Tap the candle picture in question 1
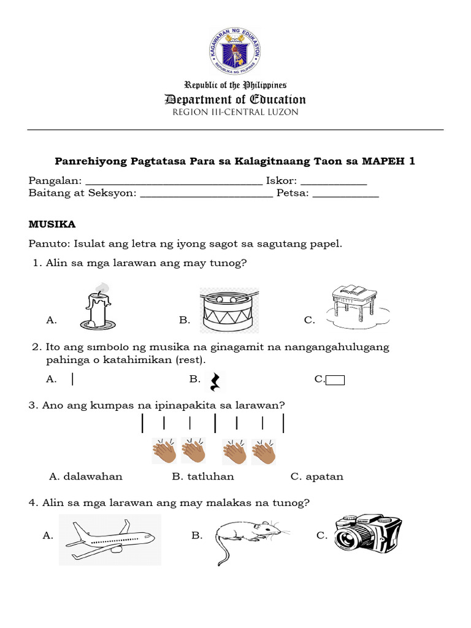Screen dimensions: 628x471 [95, 307]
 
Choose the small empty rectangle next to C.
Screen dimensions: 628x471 [335, 380]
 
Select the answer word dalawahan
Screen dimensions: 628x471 [86, 477]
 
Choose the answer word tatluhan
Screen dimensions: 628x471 [203, 477]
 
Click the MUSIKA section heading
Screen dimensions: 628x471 [52, 225]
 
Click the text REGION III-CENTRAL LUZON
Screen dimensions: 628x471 [235, 112]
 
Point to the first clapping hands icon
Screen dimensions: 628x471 [164, 451]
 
